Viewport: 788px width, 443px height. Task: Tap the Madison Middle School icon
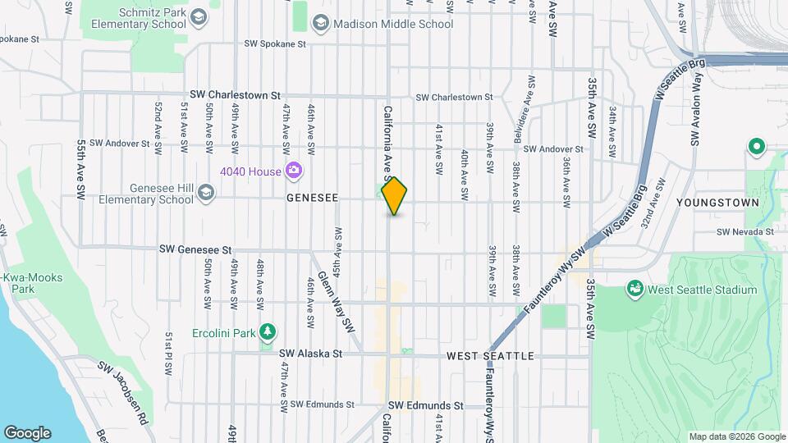click(322, 24)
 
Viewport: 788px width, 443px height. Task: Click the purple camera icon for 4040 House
click(293, 171)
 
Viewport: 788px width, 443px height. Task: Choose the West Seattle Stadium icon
click(635, 289)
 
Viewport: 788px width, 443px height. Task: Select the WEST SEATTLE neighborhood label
click(490, 356)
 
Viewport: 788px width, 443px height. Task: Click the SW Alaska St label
click(309, 354)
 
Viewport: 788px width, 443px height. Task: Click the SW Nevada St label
click(745, 232)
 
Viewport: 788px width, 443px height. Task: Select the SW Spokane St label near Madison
click(274, 43)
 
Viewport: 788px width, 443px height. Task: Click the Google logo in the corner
click(27, 433)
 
